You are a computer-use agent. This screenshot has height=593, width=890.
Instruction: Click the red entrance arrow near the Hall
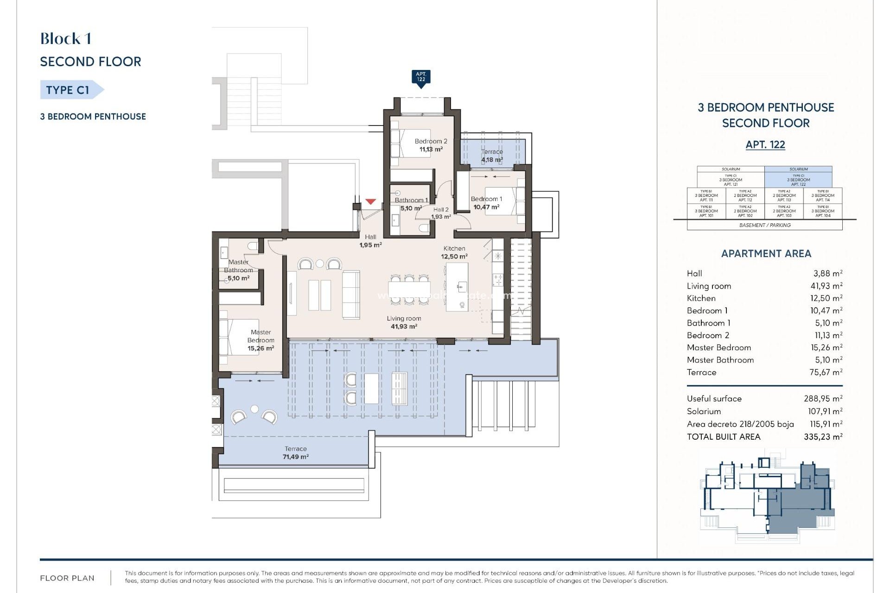pos(370,202)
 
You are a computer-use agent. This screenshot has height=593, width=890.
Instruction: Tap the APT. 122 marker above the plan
pos(421,77)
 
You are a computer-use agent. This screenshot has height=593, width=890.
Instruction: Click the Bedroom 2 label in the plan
pos(431,145)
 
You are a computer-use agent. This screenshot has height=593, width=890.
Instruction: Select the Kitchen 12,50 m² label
pos(454,252)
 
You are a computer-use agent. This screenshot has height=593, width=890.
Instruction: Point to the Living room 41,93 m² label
pos(404,322)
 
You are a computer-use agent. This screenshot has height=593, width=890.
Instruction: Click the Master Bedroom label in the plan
pos(261,340)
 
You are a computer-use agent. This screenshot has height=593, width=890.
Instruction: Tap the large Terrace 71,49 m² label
pos(296,453)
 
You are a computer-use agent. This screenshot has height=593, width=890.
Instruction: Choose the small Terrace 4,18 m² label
pos(492,156)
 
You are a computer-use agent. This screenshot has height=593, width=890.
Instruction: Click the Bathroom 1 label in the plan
pos(411,204)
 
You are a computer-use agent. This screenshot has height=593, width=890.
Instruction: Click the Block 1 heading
pos(65,39)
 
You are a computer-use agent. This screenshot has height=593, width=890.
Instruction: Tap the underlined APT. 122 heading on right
pos(765,145)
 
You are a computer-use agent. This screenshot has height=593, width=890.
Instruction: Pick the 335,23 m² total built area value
pos(823,436)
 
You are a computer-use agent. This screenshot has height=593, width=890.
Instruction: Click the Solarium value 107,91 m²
pos(825,411)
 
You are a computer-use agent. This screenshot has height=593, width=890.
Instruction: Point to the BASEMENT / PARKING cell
pos(765,225)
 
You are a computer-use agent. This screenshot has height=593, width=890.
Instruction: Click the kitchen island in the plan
pos(457,286)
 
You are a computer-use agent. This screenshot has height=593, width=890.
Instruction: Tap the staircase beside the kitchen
pos(521,287)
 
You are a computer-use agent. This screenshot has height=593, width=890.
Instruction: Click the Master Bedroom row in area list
pos(764,347)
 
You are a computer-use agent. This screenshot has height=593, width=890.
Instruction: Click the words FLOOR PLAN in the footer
pos(67,578)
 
